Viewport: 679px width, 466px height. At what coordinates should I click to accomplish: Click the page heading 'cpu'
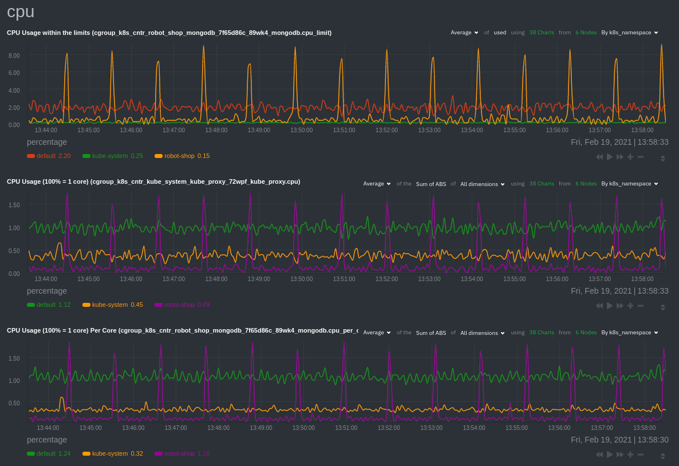[x=21, y=11]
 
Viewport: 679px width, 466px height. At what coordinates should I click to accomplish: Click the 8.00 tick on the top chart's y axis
[x=14, y=56]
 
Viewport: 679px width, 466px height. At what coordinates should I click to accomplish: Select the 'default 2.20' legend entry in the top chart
[x=49, y=156]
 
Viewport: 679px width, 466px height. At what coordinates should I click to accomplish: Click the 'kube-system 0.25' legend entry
[x=113, y=156]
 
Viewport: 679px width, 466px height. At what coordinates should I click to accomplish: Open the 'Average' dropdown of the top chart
[x=464, y=33]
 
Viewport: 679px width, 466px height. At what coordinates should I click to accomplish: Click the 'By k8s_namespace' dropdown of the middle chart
[x=629, y=184]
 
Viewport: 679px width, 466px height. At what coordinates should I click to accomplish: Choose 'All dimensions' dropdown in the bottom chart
[x=483, y=333]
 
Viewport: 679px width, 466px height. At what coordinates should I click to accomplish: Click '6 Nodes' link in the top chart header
[x=585, y=33]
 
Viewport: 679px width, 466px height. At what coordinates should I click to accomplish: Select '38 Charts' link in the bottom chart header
[x=541, y=333]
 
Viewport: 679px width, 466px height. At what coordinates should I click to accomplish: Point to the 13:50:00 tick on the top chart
[x=301, y=130]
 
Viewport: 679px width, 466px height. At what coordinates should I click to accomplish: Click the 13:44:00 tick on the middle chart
[x=46, y=279]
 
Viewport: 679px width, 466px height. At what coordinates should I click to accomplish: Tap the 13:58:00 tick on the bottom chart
[x=644, y=428]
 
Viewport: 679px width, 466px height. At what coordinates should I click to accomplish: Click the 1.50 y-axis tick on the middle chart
[x=14, y=205]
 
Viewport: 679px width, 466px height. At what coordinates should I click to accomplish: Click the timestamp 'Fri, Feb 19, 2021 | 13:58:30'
[x=619, y=440]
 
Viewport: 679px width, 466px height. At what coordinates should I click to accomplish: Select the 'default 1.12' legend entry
[x=49, y=305]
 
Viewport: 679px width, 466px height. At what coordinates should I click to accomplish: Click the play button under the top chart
[x=610, y=157]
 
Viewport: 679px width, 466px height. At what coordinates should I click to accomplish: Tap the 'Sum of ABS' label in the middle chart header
[x=431, y=184]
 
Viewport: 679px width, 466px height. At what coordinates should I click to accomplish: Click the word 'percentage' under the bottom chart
[x=47, y=440]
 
